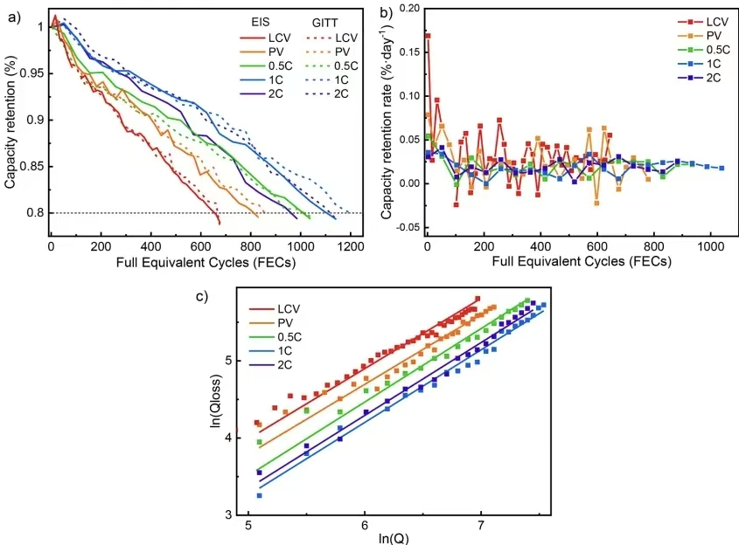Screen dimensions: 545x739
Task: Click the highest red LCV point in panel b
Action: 428,36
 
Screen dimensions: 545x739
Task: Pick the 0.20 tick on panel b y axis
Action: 408,8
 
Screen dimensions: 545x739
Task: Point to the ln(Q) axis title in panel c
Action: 365,538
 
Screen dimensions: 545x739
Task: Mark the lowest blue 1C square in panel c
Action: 260,495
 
